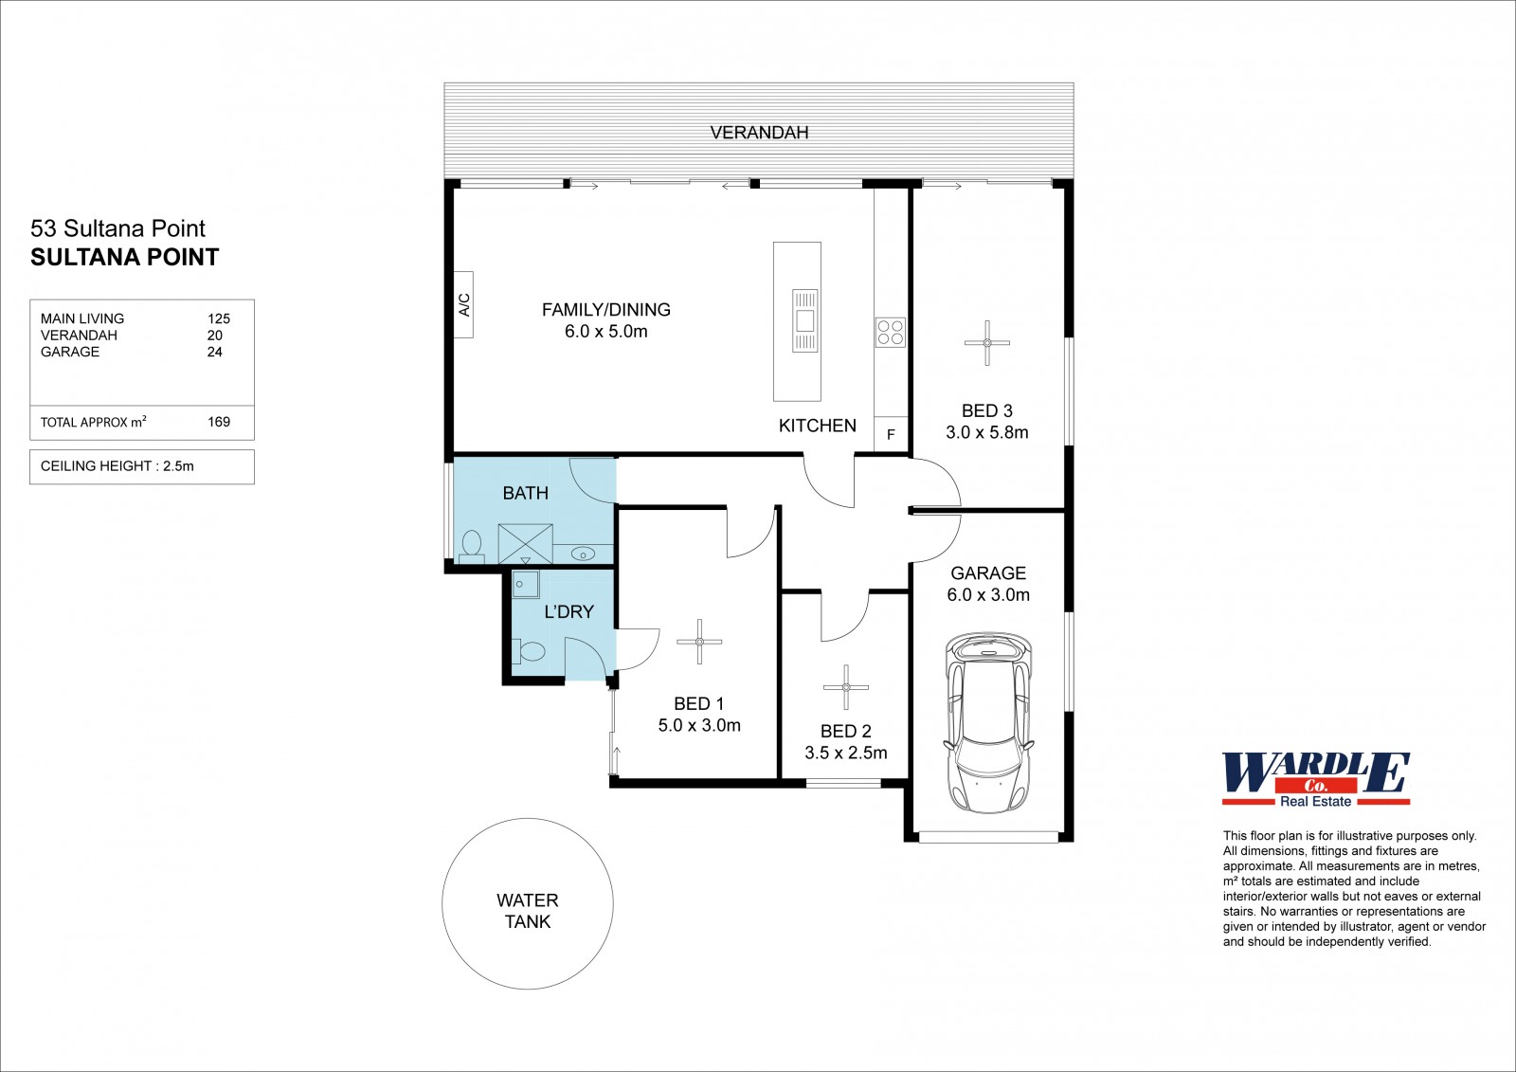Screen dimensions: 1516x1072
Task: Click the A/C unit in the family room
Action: pos(463,305)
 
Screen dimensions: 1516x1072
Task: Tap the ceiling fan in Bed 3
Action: pos(986,343)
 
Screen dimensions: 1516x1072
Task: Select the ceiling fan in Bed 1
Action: pos(699,642)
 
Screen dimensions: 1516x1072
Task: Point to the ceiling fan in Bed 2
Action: pos(846,687)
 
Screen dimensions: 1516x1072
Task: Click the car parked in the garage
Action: pos(988,723)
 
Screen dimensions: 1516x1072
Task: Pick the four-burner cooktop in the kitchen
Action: pos(891,333)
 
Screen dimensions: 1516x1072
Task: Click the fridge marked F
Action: pos(891,434)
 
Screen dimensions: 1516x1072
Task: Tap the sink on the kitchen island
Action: pos(804,320)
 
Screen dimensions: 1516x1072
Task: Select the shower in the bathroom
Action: pos(525,544)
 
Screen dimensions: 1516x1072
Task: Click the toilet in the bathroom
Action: pos(471,547)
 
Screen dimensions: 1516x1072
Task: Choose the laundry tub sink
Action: pos(525,585)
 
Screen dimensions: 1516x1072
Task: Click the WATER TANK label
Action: pos(527,911)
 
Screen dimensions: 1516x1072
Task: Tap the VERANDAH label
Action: pos(759,133)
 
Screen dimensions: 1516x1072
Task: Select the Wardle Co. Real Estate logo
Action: pos(1316,780)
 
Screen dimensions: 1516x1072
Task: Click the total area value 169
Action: pos(219,422)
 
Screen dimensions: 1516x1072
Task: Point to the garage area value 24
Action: pos(214,353)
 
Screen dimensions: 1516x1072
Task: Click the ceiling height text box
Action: pos(142,466)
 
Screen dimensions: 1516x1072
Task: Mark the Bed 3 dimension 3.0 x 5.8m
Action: pos(986,433)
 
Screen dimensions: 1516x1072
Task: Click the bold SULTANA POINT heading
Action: pos(124,257)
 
